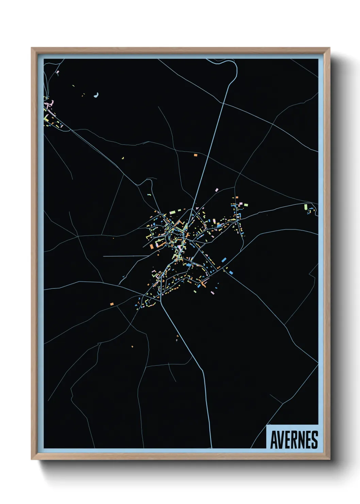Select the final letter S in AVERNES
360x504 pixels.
tap(315, 440)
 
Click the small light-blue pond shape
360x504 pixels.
tap(97, 95)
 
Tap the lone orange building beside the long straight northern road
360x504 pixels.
tap(196, 155)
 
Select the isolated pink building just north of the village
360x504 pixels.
tap(216, 189)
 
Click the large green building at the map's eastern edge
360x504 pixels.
tap(306, 206)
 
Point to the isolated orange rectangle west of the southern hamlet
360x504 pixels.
tap(112, 304)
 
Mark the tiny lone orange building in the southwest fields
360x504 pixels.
tap(132, 347)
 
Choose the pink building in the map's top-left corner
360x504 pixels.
tap(58, 72)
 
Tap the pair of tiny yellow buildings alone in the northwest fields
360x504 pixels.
tap(123, 158)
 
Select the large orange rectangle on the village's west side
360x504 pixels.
tap(152, 246)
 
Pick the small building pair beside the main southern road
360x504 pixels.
tap(177, 338)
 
